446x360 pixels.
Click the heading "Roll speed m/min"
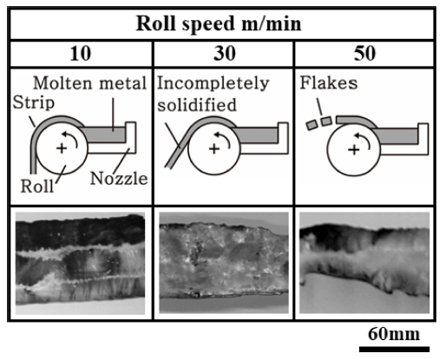[x=219, y=24]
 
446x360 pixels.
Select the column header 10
[x=80, y=54]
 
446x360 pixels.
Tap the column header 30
[x=224, y=54]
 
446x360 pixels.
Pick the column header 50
[x=364, y=54]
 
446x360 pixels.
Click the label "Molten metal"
[x=89, y=83]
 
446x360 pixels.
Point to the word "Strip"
[x=34, y=103]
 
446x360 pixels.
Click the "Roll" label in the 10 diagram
[x=37, y=186]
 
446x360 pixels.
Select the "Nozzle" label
[x=119, y=179]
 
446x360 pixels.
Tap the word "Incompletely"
[x=213, y=84]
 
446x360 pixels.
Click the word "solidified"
[x=197, y=105]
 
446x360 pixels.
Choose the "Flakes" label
[x=329, y=83]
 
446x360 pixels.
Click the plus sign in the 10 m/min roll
[x=62, y=148]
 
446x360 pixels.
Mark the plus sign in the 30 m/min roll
[x=214, y=149]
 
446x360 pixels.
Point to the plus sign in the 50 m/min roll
[x=354, y=150]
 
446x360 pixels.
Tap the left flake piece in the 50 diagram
[x=312, y=125]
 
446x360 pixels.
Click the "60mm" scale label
[x=394, y=334]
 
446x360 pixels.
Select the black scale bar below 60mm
[x=394, y=349]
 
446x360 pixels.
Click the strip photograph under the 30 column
[x=224, y=263]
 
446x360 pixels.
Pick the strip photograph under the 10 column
[x=80, y=264]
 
